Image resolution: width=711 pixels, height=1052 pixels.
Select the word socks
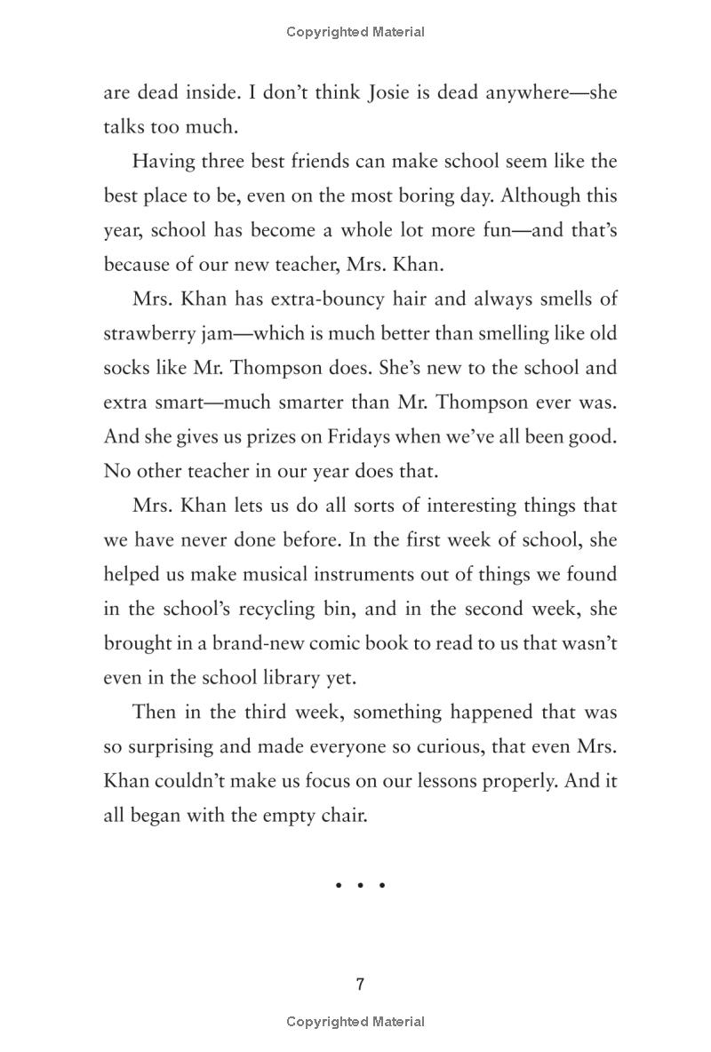128,368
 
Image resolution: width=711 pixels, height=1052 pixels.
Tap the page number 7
360,984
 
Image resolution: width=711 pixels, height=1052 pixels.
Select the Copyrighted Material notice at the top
355,32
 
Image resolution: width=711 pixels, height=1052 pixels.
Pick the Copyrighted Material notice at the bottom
355,1022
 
